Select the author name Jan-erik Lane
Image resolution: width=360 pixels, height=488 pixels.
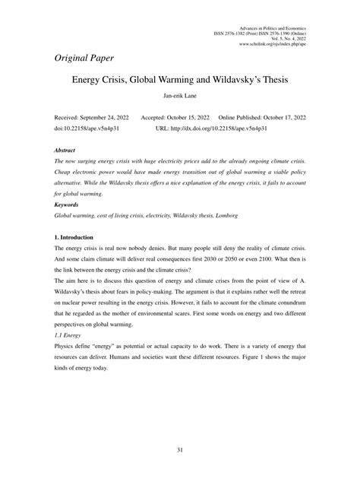click(x=179, y=97)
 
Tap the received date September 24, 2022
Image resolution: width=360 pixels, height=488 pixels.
click(x=102, y=119)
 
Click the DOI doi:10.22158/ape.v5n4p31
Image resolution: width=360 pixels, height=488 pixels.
click(x=87, y=128)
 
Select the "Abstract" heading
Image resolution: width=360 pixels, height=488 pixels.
click(x=68, y=151)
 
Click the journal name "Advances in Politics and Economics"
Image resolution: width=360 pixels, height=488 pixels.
click(x=272, y=26)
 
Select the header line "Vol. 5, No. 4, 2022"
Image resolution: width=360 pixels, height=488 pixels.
click(x=284, y=38)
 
